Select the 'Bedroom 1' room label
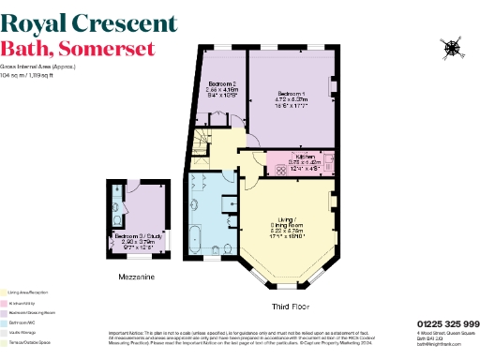coord(292,93)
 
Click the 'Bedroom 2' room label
coord(221,83)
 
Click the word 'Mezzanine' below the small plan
coord(137,278)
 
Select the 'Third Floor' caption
coord(291,307)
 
